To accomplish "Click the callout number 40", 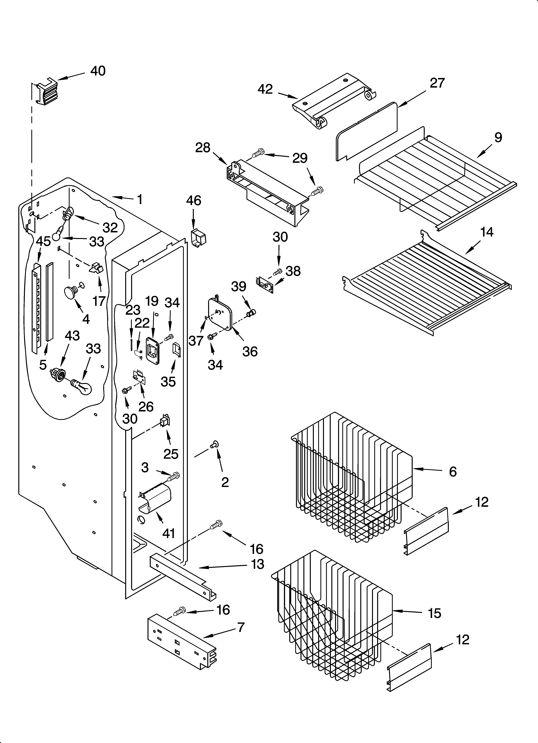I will coord(98,71).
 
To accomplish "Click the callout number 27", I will coord(437,83).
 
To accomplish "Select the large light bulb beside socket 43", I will coord(82,387).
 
